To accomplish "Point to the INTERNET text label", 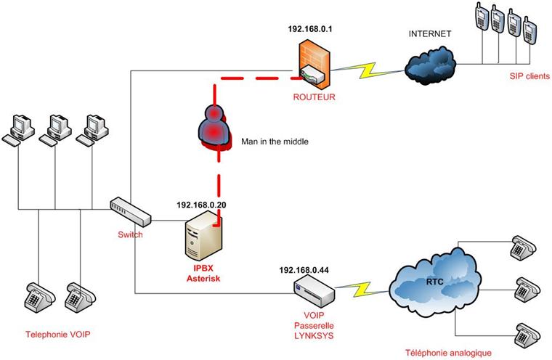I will (x=431, y=34).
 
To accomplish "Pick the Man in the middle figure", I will (x=214, y=128).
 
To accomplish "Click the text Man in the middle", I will (x=275, y=142).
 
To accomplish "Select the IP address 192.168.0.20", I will (x=201, y=205).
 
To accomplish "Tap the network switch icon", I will (x=131, y=212).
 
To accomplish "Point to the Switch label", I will (x=131, y=234).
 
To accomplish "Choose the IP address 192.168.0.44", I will (x=304, y=269).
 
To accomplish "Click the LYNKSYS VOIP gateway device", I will (x=314, y=292).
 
